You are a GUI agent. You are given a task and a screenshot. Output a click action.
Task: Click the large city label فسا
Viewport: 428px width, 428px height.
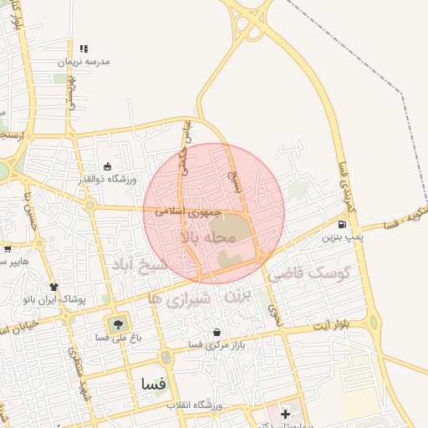coord(155,385)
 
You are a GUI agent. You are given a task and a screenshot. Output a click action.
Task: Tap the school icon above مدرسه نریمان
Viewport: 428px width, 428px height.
coord(84,48)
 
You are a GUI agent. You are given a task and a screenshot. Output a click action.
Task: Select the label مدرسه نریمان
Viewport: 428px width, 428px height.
coord(84,62)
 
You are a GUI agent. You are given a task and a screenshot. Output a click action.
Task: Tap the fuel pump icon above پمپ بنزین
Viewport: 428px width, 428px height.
coord(342,224)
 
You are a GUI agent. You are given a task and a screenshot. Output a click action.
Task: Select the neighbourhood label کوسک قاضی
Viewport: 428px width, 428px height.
coord(317,273)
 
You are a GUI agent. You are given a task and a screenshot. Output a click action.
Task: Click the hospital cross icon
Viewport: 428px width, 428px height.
coord(286,414)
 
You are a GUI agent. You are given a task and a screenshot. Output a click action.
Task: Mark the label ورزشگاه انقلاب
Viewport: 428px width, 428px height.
coord(193,405)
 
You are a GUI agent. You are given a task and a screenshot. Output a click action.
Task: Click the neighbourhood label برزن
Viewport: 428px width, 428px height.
coord(238,296)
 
